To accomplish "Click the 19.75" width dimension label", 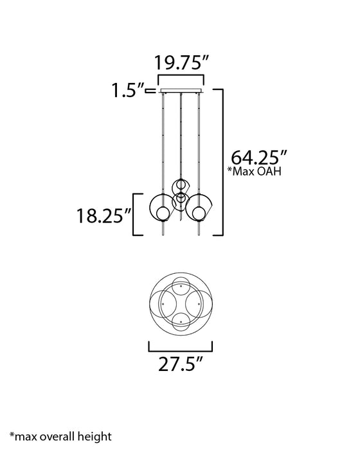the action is [x=181, y=62].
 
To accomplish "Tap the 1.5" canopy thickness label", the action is [x=128, y=91].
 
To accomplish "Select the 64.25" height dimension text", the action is [x=259, y=157].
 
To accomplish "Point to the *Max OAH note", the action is [x=255, y=172].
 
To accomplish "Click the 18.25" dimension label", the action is [x=104, y=215].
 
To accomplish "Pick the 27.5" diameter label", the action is [x=181, y=364].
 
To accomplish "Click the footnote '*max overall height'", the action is [x=60, y=437].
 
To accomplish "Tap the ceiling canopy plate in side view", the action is [x=181, y=91].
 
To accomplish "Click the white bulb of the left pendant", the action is [x=162, y=213].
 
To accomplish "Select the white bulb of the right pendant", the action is [x=199, y=213].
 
